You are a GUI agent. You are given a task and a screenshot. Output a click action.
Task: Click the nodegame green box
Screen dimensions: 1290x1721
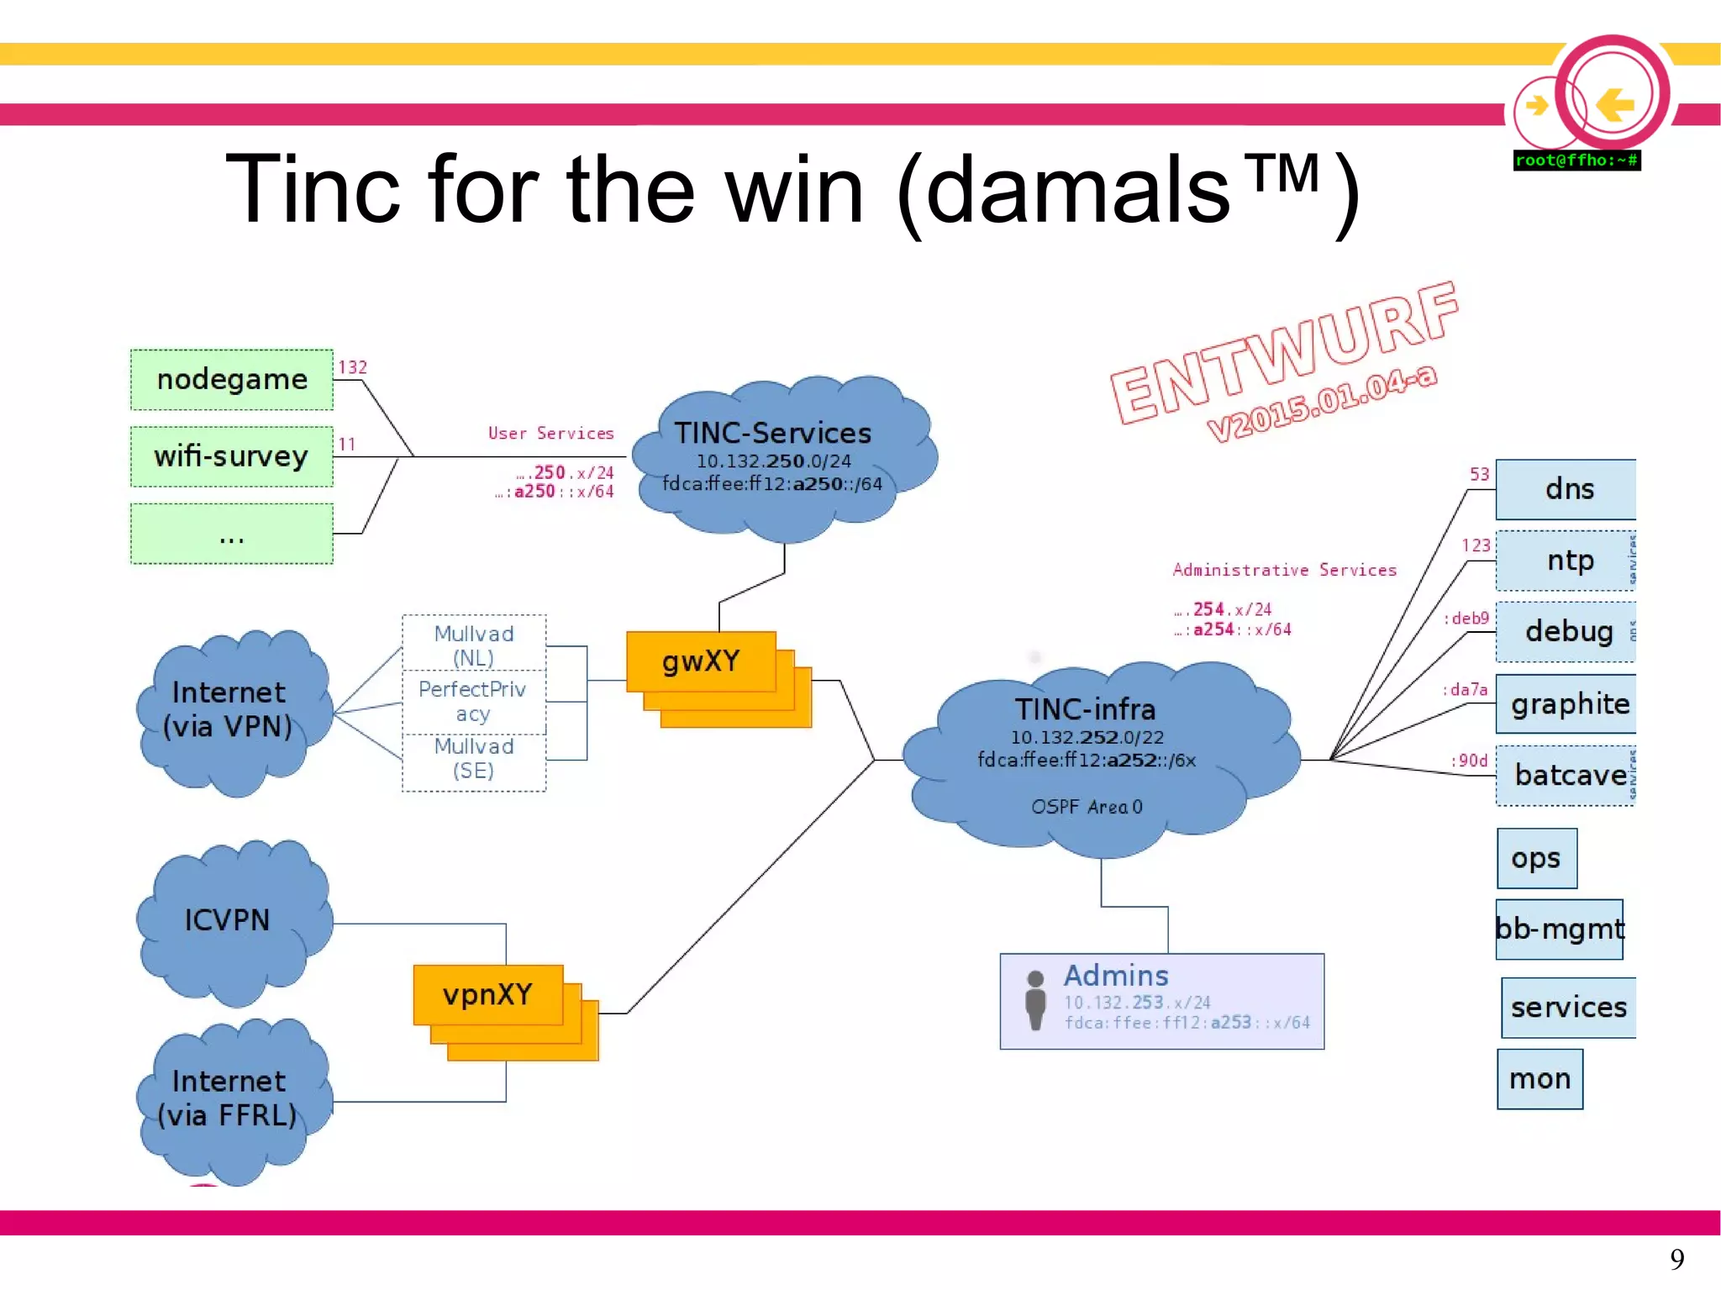tap(232, 380)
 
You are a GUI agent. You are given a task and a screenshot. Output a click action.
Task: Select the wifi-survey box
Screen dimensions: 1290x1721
tap(232, 456)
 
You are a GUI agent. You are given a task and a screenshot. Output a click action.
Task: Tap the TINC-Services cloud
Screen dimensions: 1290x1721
tap(773, 458)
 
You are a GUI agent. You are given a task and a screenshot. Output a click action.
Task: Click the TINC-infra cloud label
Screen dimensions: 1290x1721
tap(1085, 710)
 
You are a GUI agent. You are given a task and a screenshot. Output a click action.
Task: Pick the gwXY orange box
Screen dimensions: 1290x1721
tap(701, 661)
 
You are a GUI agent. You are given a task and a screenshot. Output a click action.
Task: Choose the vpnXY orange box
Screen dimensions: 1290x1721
tap(487, 995)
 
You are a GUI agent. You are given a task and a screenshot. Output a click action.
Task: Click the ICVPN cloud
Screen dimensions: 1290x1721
tap(228, 920)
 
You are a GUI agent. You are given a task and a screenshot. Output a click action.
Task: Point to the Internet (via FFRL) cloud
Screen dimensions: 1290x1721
tap(228, 1098)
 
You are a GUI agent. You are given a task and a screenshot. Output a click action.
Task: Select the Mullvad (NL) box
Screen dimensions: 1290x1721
tap(474, 645)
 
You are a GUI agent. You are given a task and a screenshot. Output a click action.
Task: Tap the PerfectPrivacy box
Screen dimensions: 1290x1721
tap(473, 701)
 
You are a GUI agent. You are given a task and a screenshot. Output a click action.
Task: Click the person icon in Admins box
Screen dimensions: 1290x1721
tap(1035, 999)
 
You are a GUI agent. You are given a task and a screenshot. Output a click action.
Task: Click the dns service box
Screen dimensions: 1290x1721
tap(1567, 489)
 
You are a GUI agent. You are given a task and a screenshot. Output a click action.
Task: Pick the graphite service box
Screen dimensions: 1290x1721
tap(1567, 703)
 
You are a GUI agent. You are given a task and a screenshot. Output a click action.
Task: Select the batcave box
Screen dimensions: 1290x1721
tap(1567, 775)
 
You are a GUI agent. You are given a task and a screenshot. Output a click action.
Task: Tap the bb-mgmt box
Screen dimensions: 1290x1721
tap(1560, 929)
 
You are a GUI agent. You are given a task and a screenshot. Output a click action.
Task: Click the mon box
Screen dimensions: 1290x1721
tap(1539, 1078)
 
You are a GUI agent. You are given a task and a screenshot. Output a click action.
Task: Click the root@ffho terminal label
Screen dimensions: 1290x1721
tap(1576, 161)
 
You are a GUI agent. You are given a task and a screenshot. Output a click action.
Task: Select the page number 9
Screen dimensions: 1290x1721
tap(1676, 1258)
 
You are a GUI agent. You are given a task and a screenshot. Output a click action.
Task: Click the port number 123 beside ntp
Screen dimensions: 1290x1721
tap(1476, 545)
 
